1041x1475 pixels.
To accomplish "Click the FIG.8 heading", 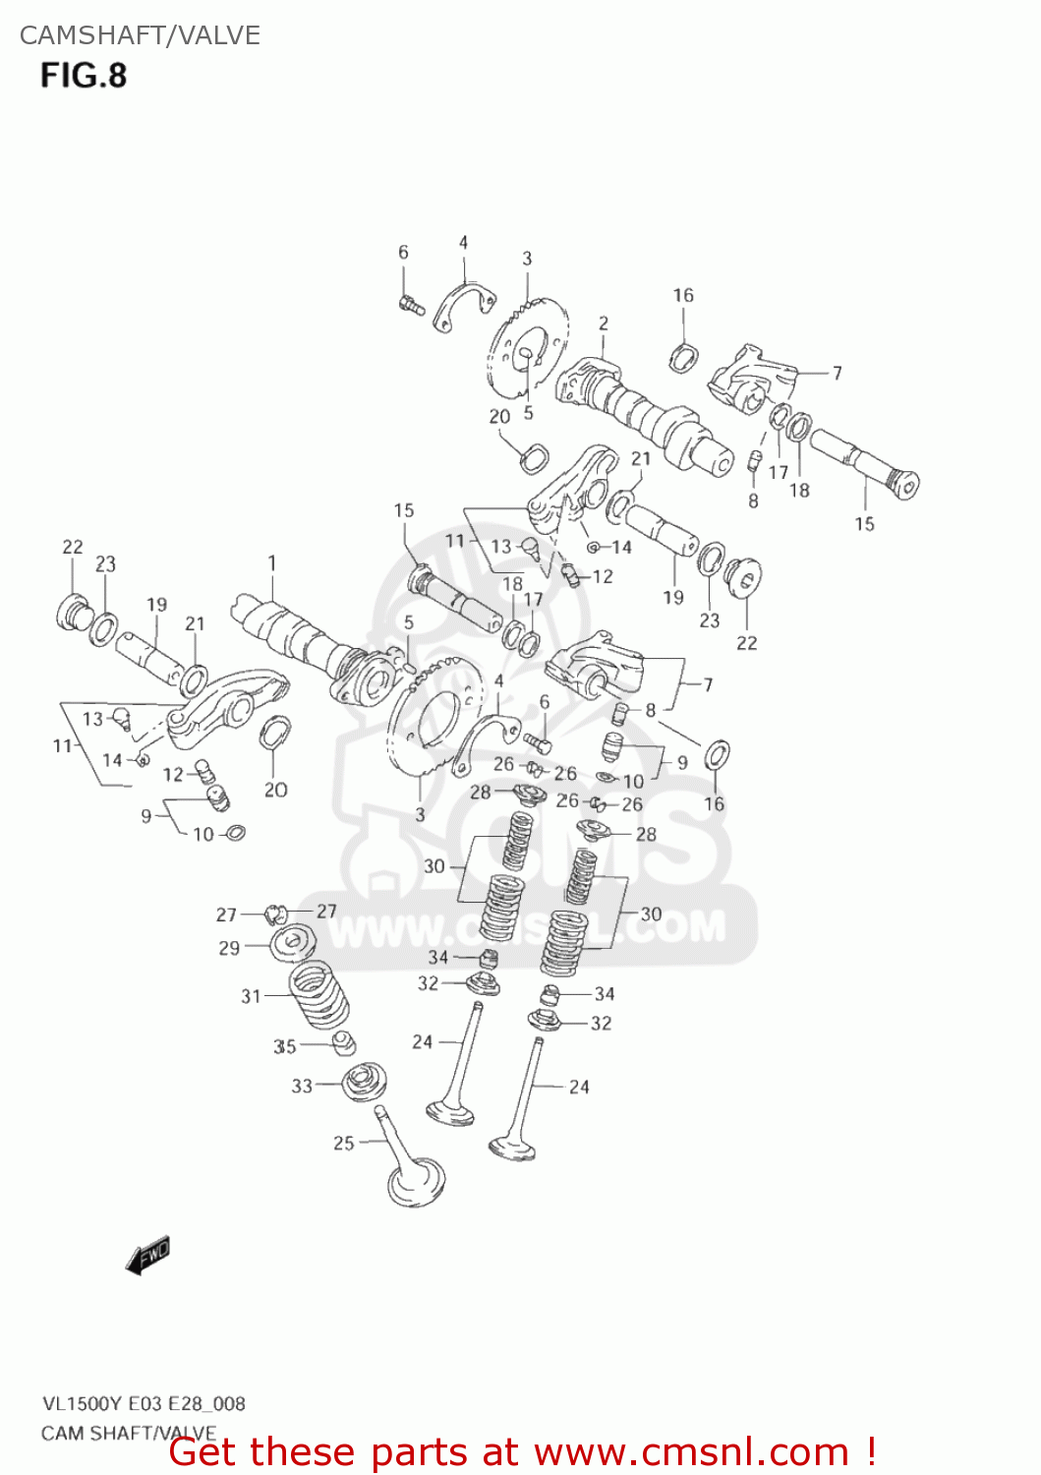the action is coord(84,76).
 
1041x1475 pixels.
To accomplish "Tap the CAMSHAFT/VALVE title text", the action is coord(140,35).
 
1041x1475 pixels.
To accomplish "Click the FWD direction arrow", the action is coord(148,1257).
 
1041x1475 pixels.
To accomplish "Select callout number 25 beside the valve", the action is coord(343,1143).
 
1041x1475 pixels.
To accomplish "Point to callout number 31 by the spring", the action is coord(252,996).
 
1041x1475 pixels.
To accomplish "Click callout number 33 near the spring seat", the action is coord(302,1086).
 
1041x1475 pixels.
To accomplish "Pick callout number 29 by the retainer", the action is coord(229,948).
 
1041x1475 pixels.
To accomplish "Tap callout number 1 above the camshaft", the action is coord(271,563).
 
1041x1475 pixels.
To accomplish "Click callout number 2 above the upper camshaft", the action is coord(603,323).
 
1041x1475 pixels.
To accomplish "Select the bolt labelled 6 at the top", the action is coord(411,304).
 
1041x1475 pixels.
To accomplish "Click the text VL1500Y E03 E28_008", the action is coord(144,1404).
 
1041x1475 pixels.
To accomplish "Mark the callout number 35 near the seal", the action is coord(284,1046).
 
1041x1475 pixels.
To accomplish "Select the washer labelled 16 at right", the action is coord(718,756).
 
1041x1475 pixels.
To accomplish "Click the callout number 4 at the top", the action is coord(463,243).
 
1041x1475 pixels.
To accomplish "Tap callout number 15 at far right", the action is coord(864,524).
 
